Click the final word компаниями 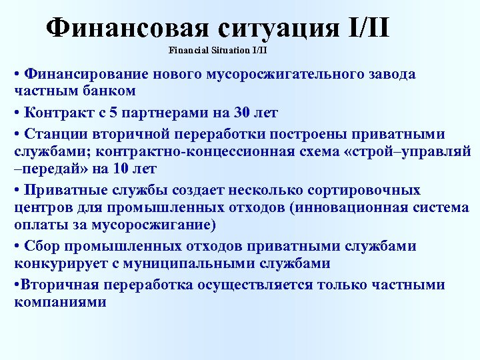pos(60,302)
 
